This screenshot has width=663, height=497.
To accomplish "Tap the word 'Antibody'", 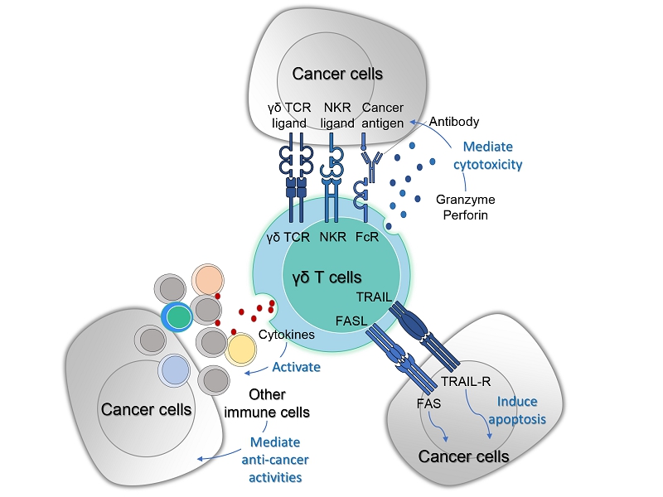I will pos(453,122).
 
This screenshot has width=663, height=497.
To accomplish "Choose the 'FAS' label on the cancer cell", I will pos(429,405).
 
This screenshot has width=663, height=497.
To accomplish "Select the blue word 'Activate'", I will pos(296,365).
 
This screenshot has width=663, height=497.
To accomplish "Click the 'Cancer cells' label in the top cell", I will pos(337,74).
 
